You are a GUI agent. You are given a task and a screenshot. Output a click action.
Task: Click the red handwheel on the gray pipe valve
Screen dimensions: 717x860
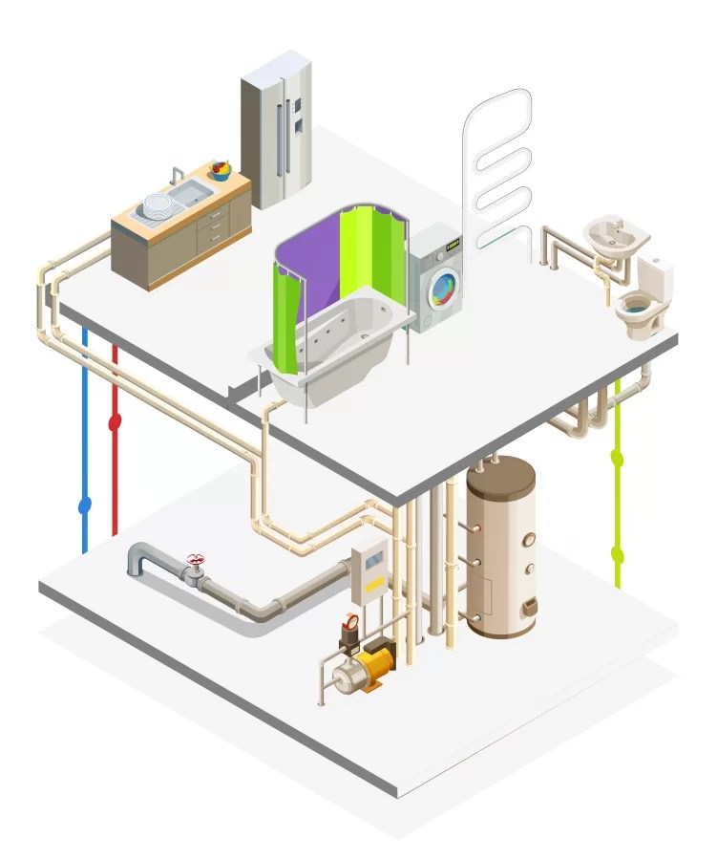click(196, 559)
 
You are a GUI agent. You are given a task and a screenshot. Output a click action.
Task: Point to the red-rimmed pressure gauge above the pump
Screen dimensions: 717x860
click(350, 623)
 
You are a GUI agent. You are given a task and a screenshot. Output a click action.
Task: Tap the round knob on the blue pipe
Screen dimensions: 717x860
click(84, 503)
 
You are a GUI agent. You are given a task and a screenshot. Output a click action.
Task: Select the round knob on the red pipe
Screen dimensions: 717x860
click(115, 420)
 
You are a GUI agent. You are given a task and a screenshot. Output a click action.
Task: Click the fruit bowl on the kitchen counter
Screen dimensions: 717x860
click(221, 171)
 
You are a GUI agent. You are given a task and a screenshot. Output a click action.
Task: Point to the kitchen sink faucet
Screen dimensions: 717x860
click(175, 174)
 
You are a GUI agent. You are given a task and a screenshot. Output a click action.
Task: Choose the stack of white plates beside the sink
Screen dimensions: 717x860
click(156, 204)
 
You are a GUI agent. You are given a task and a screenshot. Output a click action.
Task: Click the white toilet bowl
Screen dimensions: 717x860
click(638, 312)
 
